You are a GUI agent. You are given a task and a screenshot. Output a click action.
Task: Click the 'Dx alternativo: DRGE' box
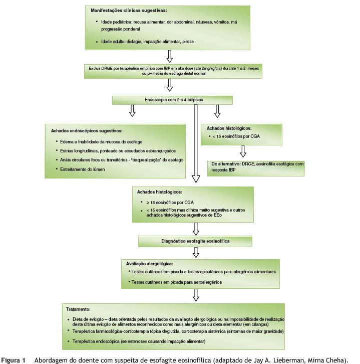(256, 167)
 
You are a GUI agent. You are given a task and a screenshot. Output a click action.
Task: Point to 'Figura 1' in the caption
(14, 360)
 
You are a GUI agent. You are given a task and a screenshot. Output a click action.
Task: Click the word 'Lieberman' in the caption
(286, 360)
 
